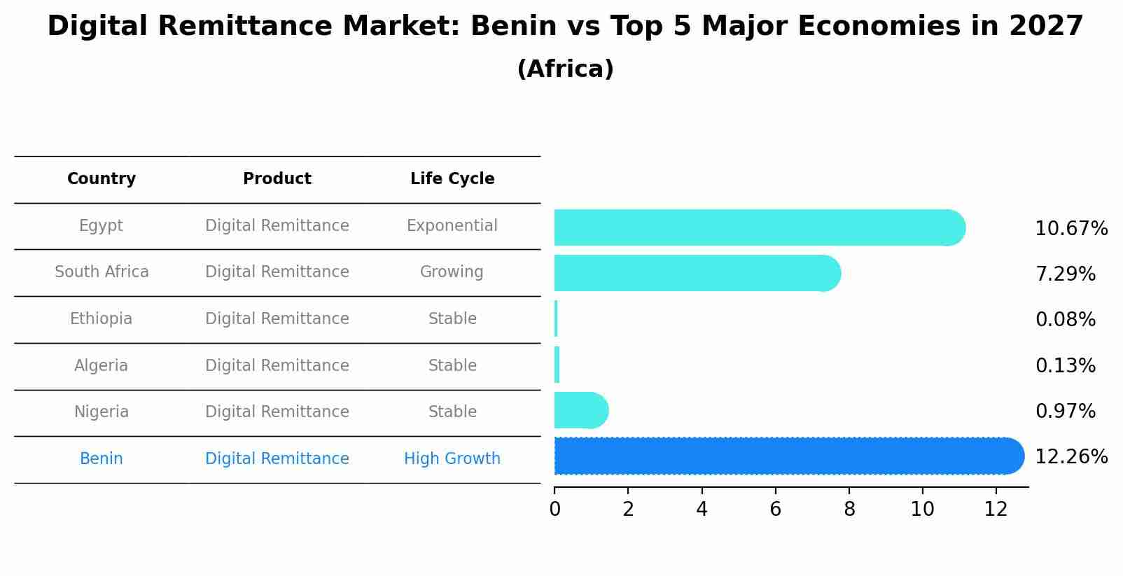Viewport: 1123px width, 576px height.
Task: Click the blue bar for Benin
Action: tap(784, 456)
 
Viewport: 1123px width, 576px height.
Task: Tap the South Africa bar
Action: tap(693, 273)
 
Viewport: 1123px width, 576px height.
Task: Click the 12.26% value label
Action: tap(1070, 457)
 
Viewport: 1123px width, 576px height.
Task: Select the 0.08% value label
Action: tap(1065, 320)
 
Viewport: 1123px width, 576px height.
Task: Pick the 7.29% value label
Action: tap(1065, 274)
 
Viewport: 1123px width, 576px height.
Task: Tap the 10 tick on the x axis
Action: tap(922, 510)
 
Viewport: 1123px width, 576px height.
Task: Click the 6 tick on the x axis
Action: tap(775, 510)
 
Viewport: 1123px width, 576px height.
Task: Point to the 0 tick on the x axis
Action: tap(554, 510)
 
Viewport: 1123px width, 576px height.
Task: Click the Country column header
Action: tap(102, 179)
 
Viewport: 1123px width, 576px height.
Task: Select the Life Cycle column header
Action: tap(452, 179)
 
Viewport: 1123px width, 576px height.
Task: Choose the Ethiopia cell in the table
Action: tap(101, 319)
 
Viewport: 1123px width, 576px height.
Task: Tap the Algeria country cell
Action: tap(101, 366)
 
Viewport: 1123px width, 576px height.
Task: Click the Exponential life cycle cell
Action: tap(452, 226)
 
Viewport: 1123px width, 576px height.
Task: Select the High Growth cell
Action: tap(452, 459)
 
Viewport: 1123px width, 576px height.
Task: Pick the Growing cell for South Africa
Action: tap(452, 272)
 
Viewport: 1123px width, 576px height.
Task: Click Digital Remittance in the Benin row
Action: tap(277, 459)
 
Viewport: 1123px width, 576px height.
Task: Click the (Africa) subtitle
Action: tap(565, 69)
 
